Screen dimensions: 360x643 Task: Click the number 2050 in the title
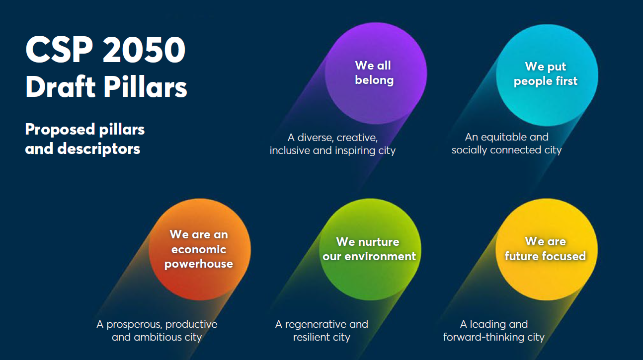[144, 50]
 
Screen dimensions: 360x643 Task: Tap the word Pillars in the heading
[145, 87]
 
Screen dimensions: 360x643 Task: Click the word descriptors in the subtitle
[99, 148]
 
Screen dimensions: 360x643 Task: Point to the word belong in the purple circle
[374, 80]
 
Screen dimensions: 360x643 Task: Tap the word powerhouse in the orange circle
[199, 264]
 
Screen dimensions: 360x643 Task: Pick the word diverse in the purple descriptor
[315, 138]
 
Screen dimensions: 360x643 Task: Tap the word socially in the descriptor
[469, 150]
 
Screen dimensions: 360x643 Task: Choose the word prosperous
[134, 325]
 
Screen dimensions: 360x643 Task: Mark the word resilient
[310, 338]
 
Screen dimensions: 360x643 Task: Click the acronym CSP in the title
[59, 50]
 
